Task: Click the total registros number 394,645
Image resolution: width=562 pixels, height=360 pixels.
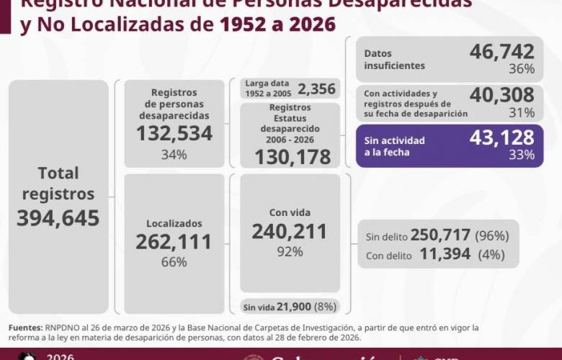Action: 58,218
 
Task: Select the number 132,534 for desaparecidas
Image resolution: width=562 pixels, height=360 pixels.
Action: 174,134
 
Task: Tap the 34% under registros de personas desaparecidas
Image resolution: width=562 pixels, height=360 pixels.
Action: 174,154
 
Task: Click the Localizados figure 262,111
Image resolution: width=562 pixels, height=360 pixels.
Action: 174,242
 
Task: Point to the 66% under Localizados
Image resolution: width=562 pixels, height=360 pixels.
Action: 174,262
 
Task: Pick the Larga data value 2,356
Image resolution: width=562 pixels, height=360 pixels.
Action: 316,89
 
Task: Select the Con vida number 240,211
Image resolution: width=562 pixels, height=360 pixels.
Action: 290,231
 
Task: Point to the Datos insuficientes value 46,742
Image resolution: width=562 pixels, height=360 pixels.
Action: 501,52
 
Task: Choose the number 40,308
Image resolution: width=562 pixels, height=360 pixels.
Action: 501,95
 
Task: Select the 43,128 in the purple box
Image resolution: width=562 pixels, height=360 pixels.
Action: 501,138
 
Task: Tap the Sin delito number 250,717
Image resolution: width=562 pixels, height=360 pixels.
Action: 440,235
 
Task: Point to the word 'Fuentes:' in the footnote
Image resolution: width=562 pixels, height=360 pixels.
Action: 25,328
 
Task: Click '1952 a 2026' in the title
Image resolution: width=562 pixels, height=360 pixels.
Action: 273,25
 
